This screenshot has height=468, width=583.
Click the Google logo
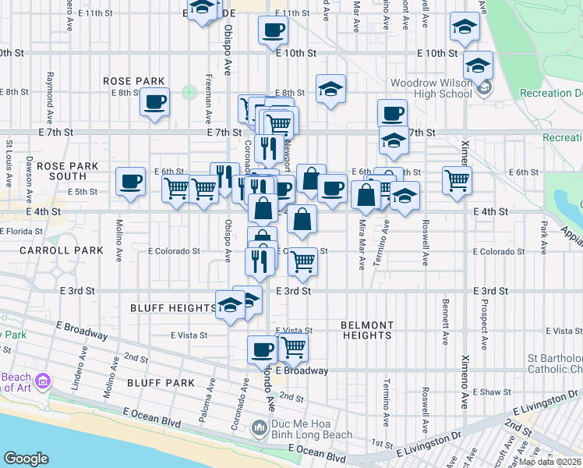[26, 459]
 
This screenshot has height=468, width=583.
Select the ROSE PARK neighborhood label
[134, 81]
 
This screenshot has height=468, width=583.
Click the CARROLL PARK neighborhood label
[51, 251]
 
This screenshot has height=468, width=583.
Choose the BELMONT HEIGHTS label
[366, 330]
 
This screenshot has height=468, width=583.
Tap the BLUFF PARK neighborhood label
[161, 382]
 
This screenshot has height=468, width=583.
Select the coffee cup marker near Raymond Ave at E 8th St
[154, 102]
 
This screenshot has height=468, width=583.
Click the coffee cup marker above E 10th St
[273, 31]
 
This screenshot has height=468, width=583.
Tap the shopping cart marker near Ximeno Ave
[457, 179]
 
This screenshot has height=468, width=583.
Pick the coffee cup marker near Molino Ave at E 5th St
[129, 181]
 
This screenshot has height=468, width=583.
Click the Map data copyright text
[550, 462]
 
